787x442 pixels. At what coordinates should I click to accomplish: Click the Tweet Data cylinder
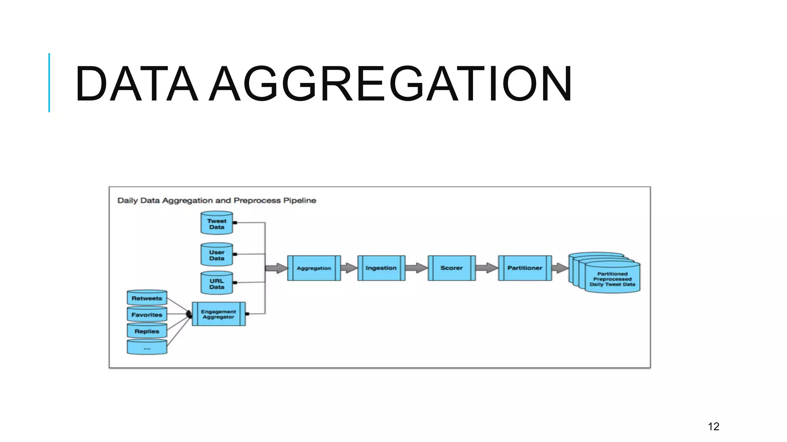[x=217, y=223]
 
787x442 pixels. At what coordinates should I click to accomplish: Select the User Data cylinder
[x=217, y=255]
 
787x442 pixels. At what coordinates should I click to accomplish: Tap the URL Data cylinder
[x=217, y=284]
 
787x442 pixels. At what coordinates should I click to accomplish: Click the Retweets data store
[x=147, y=298]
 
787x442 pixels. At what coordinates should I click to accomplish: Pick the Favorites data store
[x=147, y=315]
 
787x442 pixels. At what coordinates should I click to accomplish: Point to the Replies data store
[x=147, y=331]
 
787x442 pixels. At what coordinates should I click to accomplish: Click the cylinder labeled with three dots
[x=147, y=348]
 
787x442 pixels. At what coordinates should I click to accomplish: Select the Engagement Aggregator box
[x=218, y=314]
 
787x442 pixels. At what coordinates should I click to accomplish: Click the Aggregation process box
[x=314, y=268]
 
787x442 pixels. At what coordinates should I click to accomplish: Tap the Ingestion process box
[x=381, y=268]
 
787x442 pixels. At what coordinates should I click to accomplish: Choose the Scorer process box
[x=452, y=268]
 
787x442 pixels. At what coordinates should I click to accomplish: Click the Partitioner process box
[x=525, y=268]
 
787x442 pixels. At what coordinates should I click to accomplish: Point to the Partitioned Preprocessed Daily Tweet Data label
[x=612, y=279]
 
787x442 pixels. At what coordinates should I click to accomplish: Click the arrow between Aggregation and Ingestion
[x=349, y=268]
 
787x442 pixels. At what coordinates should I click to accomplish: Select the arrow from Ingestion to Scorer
[x=417, y=268]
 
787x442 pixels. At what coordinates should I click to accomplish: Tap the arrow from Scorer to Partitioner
[x=487, y=268]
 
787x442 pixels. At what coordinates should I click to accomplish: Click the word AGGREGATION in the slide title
[x=391, y=84]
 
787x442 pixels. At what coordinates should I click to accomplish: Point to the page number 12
[x=713, y=426]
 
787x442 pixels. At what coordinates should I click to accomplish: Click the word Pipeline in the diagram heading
[x=300, y=200]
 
